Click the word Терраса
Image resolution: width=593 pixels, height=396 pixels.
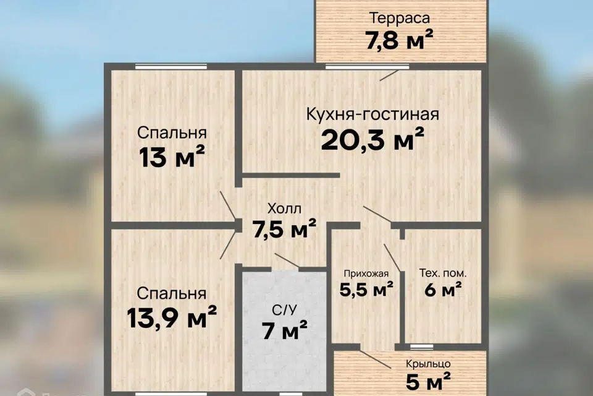pyautogui.click(x=400, y=18)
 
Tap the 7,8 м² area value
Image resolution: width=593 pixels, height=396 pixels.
pyautogui.click(x=399, y=40)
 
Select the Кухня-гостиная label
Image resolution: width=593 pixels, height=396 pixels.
pyautogui.click(x=372, y=114)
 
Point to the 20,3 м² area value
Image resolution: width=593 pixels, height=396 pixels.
pyautogui.click(x=372, y=139)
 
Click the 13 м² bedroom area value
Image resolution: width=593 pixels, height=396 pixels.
pyautogui.click(x=172, y=157)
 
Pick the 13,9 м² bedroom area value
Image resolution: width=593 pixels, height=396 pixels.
pyautogui.click(x=172, y=317)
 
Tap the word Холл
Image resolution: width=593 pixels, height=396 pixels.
pyautogui.click(x=284, y=209)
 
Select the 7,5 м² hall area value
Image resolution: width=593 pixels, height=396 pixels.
pyautogui.click(x=284, y=228)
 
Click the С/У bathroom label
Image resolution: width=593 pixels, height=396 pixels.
pyautogui.click(x=284, y=311)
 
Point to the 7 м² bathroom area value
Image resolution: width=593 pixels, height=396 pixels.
pyautogui.click(x=284, y=330)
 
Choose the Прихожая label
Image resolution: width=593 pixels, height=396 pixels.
pyautogui.click(x=366, y=273)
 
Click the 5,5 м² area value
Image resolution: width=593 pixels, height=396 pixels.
pyautogui.click(x=366, y=290)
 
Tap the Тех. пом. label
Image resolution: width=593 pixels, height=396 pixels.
pyautogui.click(x=443, y=273)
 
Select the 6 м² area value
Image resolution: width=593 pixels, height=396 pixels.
pyautogui.click(x=443, y=290)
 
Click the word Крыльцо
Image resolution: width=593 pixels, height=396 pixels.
pyautogui.click(x=428, y=364)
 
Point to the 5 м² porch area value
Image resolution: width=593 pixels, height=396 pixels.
pyautogui.click(x=428, y=381)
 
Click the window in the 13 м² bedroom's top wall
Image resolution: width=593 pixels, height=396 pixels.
pyautogui.click(x=171, y=67)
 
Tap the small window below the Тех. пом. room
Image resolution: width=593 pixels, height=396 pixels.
pyautogui.click(x=422, y=346)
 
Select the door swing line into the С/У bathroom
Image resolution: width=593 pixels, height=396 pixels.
pyautogui.click(x=287, y=260)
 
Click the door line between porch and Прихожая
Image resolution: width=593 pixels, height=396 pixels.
pyautogui.click(x=376, y=359)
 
